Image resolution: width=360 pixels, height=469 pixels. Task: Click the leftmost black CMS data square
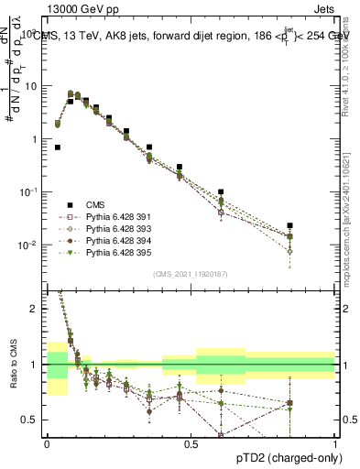(58, 147)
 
